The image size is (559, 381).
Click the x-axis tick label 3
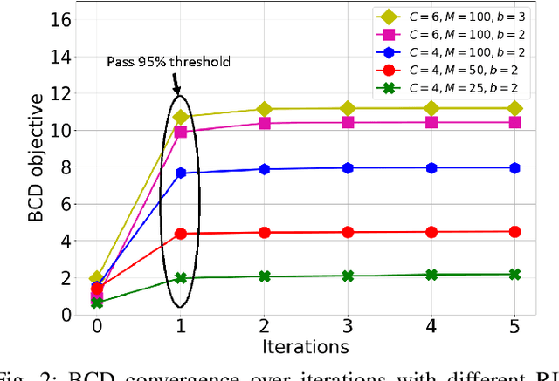[x=348, y=326]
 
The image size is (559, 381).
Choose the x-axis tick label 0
[x=97, y=326]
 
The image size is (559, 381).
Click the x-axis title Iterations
[x=306, y=346]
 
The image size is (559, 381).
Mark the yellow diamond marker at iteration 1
[x=181, y=117]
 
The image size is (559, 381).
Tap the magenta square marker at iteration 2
[x=265, y=123]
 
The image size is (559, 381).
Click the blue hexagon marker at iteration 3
[x=348, y=167]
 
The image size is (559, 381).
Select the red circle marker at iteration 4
[x=431, y=232]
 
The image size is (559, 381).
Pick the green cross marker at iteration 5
[x=514, y=274]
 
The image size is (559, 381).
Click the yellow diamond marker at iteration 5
[x=514, y=108]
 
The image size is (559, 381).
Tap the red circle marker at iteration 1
[x=181, y=234]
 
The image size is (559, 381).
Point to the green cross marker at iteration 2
[x=265, y=276]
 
